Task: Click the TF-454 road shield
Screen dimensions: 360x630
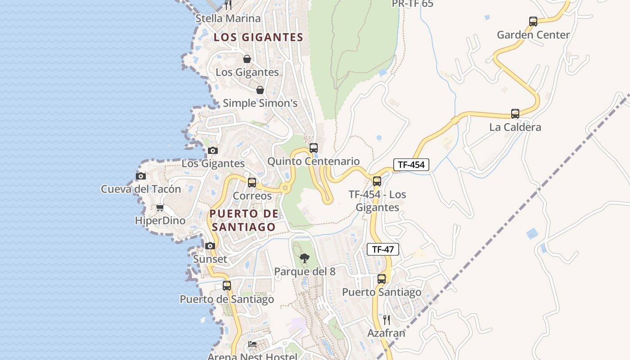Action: tap(411, 165)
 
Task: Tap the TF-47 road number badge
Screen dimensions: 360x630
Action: tap(383, 249)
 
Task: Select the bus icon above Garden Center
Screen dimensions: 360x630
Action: tap(533, 21)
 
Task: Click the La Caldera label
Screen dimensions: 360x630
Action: tap(515, 127)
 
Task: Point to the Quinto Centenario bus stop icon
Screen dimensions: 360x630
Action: tap(314, 148)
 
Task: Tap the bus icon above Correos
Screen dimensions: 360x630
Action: tap(252, 182)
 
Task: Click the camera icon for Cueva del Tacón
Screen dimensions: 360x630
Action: tap(141, 176)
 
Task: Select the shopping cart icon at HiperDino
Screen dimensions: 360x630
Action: tap(160, 207)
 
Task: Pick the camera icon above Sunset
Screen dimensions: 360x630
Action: tap(210, 246)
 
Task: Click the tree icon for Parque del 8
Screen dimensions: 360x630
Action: tap(305, 258)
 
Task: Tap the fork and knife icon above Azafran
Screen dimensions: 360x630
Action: tap(386, 319)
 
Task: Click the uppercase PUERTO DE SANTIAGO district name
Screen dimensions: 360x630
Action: tap(243, 220)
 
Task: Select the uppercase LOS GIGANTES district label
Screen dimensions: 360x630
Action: tap(258, 37)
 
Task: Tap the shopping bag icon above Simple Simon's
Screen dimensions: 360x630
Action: tap(260, 90)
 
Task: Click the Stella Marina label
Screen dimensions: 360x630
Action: tap(228, 18)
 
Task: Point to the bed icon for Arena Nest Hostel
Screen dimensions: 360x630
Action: tap(252, 344)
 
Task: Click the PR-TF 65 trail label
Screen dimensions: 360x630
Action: tap(412, 4)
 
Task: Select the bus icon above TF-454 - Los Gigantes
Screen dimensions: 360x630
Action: tap(377, 181)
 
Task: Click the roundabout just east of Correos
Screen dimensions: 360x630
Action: tap(285, 188)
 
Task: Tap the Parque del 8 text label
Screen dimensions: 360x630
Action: tap(305, 272)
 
